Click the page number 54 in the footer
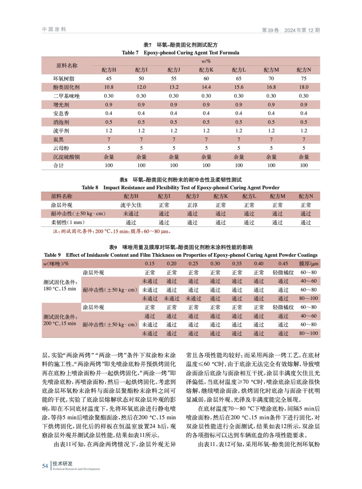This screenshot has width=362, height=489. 45,466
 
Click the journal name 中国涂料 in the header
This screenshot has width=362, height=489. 54,29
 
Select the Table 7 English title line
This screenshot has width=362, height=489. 181,53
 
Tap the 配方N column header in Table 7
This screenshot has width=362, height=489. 304,70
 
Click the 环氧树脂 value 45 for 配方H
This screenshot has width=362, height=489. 109,79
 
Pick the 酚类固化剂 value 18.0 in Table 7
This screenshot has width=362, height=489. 304,87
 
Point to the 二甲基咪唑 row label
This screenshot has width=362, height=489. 66,96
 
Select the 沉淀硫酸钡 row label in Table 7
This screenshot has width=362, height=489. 66,157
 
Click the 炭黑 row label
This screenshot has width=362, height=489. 59,139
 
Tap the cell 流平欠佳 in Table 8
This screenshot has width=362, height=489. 131,205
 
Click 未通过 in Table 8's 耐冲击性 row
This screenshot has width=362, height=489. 131,214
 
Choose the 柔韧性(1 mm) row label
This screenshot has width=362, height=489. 68,222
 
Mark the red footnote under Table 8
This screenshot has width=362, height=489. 112,231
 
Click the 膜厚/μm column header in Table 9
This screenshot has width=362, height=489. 309,263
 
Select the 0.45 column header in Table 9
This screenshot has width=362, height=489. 283,263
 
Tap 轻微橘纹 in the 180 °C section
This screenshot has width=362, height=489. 283,272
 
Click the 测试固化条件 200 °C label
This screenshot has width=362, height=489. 60,320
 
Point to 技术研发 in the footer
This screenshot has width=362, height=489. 63,463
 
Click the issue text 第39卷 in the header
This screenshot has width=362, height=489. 271,30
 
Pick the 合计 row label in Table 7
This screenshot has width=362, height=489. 59,165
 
